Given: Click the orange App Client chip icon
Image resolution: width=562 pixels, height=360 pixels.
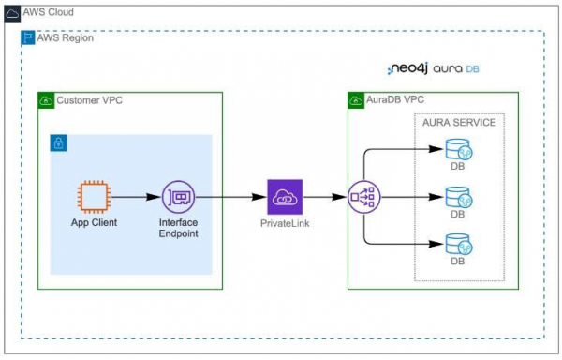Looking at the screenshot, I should (93, 198).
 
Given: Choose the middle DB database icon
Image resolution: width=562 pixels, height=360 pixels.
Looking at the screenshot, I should (457, 198).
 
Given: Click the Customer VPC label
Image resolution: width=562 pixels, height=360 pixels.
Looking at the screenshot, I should (91, 99).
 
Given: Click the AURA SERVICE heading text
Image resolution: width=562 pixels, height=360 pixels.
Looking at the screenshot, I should (459, 123).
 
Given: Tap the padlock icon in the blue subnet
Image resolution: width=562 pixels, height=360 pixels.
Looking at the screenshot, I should (58, 142).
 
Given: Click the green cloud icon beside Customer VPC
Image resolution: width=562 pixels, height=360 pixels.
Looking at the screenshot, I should (46, 99).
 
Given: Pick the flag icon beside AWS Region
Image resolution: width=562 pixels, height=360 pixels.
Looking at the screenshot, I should (27, 37).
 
